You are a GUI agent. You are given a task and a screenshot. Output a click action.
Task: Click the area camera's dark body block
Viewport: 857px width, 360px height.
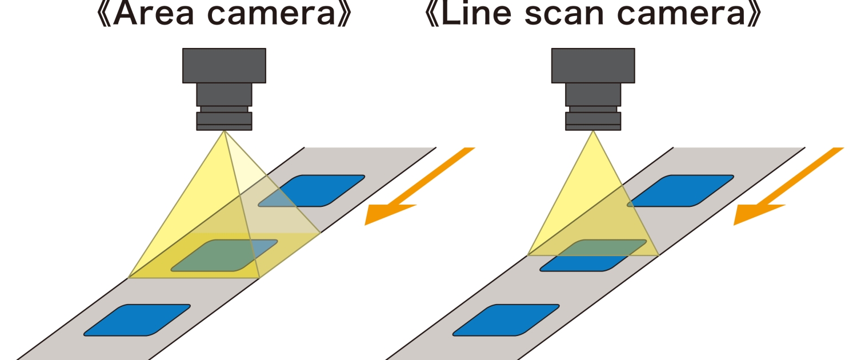(224, 66)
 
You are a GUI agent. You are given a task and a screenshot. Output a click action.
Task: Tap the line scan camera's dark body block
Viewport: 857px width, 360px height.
(593, 66)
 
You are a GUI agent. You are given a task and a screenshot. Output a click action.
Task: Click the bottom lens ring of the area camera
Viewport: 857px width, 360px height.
(224, 121)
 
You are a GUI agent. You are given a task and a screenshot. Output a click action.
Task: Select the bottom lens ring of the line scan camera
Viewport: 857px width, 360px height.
(593, 121)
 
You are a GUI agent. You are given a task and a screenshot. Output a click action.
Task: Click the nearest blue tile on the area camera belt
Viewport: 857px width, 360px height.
(137, 320)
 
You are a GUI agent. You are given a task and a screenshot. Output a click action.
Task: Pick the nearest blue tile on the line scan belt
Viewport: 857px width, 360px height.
(506, 320)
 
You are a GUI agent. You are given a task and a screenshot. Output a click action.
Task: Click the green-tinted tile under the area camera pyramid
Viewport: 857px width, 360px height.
(224, 255)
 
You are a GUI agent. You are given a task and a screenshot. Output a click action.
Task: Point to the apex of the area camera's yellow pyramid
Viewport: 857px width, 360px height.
(225, 132)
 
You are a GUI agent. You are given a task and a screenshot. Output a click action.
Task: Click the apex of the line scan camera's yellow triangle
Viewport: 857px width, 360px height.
(593, 132)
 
